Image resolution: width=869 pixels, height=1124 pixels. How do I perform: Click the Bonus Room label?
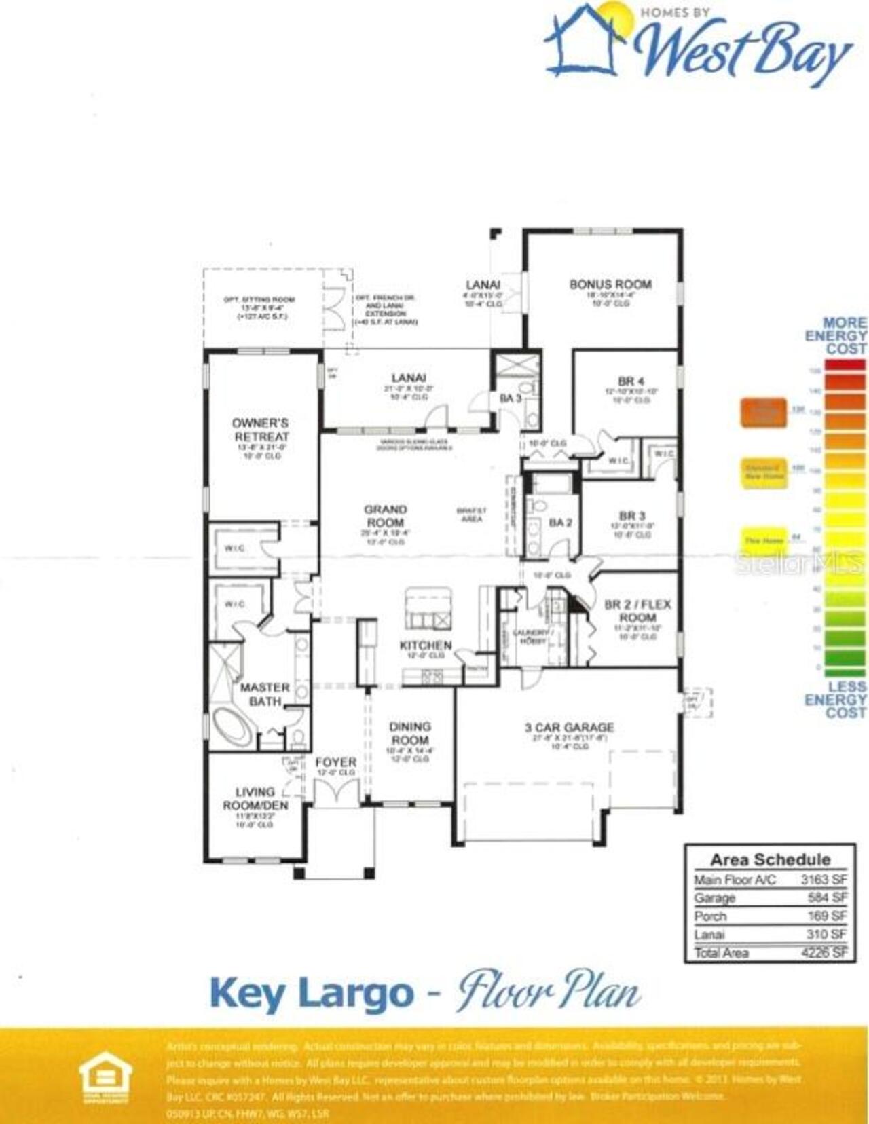coord(610,284)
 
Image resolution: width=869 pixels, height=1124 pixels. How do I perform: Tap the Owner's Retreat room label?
coord(261,430)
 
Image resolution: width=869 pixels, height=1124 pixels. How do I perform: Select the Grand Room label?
coord(385,516)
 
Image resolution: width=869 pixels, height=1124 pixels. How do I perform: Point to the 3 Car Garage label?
coord(569,728)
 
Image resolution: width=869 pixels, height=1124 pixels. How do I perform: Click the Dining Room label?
coord(410,733)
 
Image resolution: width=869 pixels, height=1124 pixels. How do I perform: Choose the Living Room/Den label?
coord(255,799)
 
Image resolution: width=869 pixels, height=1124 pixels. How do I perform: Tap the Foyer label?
coord(335,762)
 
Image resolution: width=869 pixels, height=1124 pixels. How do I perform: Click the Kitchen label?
coord(426,645)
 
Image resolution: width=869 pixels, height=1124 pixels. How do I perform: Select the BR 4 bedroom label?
coord(631,381)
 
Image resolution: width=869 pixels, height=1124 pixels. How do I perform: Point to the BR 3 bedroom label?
coord(631,516)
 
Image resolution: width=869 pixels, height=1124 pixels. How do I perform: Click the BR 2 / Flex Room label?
coord(637,611)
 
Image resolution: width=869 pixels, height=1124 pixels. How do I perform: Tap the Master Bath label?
coord(265,694)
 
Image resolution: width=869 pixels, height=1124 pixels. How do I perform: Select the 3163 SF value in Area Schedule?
coord(824,880)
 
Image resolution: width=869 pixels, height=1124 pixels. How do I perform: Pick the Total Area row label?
coord(721,953)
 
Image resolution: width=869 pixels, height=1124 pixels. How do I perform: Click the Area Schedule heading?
coord(770,859)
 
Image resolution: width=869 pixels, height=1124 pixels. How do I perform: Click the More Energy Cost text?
coord(836,335)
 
